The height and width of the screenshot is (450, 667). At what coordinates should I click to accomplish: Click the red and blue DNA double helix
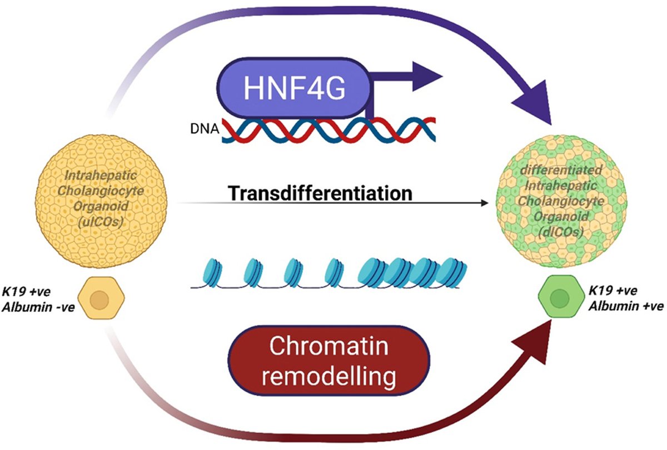tap(328, 132)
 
